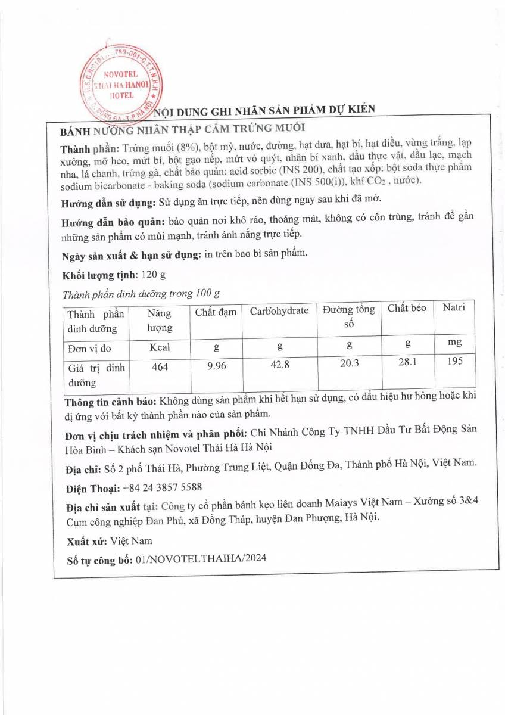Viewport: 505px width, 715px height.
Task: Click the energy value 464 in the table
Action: coord(160,367)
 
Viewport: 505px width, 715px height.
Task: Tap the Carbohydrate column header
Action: coord(279,311)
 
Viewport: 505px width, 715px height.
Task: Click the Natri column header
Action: coord(453,307)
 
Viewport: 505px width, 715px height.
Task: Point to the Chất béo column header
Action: coord(407,309)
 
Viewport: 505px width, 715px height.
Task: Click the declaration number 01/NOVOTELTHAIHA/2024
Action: coord(201,558)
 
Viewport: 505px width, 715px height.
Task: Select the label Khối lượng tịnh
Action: coord(99,275)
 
